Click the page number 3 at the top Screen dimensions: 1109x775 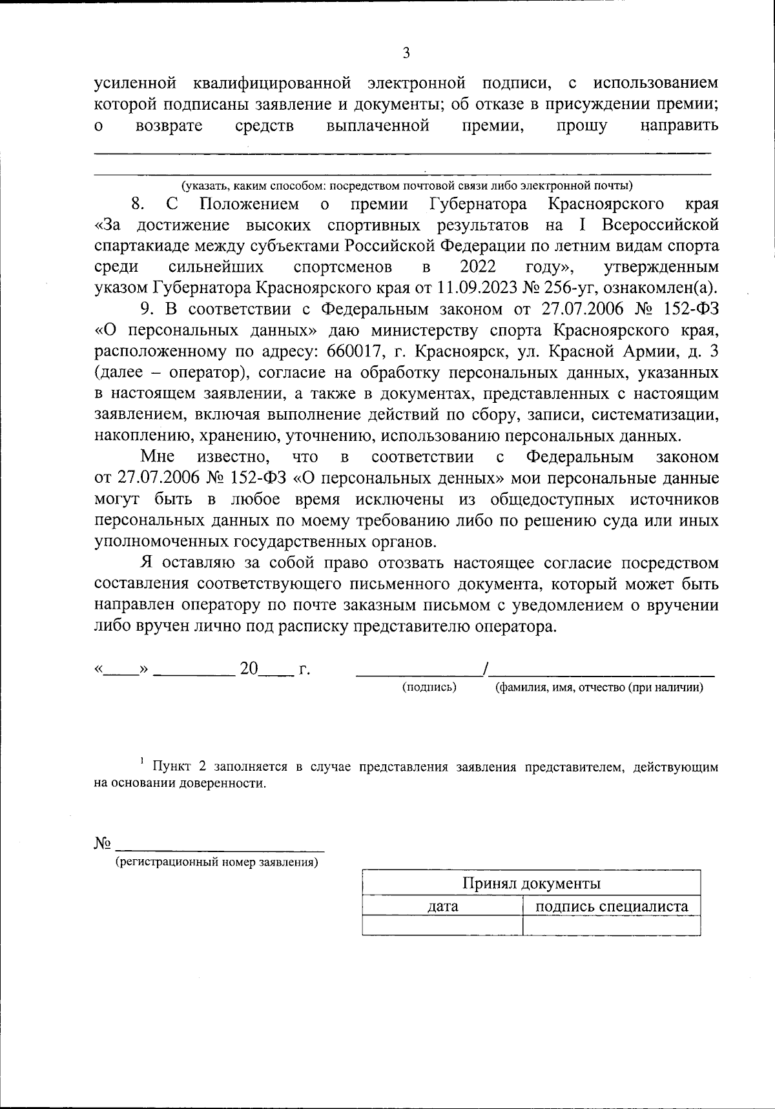[x=406, y=54]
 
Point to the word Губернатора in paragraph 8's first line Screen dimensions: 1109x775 [x=477, y=204]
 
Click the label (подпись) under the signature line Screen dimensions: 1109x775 [x=429, y=687]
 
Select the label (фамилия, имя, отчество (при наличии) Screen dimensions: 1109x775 [x=599, y=687]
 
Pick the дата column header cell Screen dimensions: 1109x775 [x=443, y=906]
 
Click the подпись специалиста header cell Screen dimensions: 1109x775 [x=612, y=906]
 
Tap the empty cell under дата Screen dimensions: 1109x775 [x=443, y=926]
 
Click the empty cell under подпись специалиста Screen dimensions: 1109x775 [x=612, y=926]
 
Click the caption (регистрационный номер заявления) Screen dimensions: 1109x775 [x=216, y=862]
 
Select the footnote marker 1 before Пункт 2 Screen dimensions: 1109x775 [x=141, y=762]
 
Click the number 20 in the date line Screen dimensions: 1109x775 [x=249, y=669]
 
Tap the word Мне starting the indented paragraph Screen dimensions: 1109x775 [x=158, y=456]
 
